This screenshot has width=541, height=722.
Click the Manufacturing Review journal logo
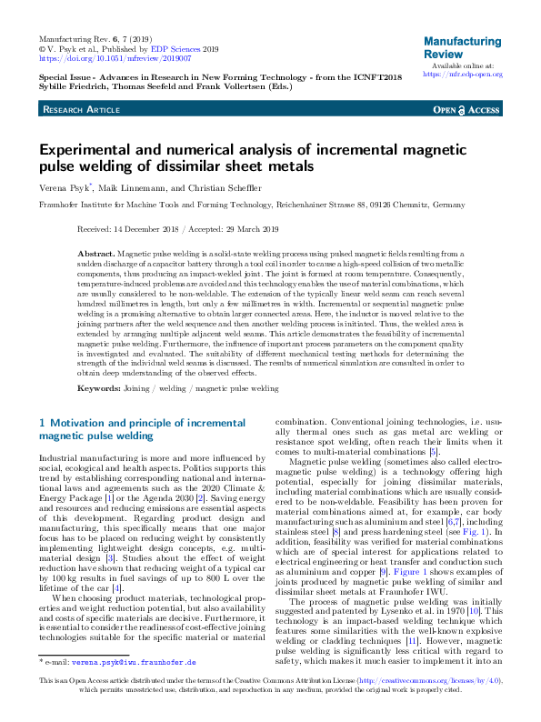pyautogui.click(x=463, y=47)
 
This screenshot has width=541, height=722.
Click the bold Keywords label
pyautogui.click(x=99, y=388)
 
